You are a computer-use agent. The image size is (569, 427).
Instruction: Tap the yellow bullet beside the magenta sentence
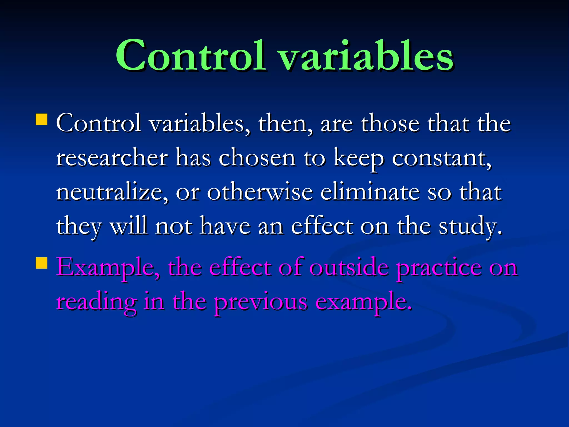[42, 263]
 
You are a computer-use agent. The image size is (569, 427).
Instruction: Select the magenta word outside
[349, 267]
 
